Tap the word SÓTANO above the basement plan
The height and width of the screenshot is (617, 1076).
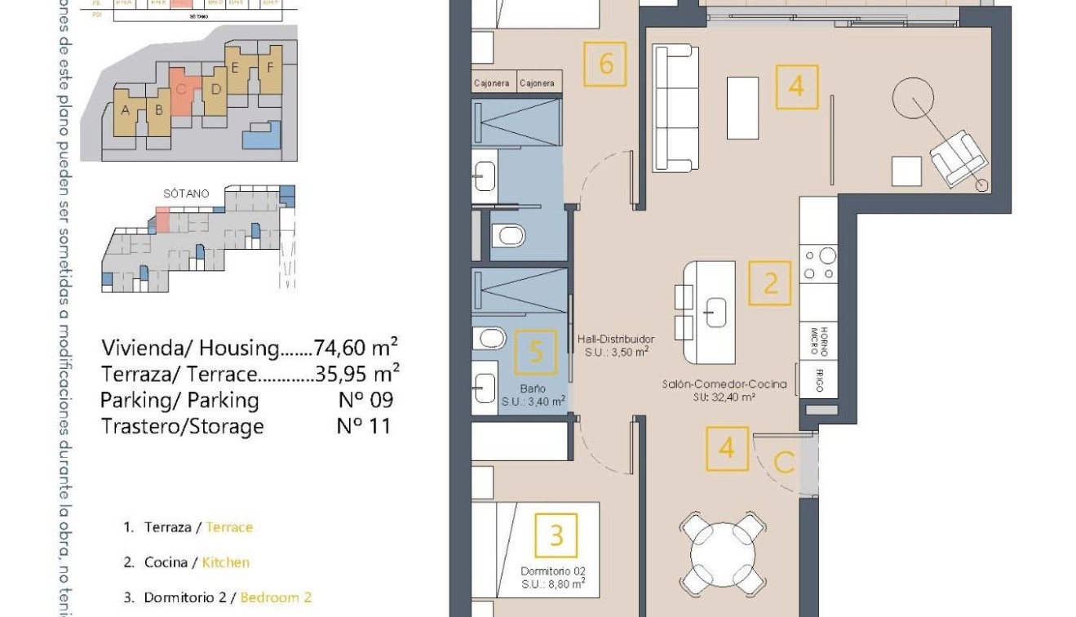click(186, 194)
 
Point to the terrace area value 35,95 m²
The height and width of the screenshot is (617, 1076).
click(357, 375)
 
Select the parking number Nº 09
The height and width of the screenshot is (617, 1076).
click(365, 400)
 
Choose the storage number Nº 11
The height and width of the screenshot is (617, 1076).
click(363, 426)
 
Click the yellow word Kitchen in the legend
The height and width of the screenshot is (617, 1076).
click(226, 562)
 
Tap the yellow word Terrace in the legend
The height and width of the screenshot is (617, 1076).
click(229, 527)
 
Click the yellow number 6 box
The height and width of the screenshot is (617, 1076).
click(605, 64)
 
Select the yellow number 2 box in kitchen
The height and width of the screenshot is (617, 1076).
click(770, 283)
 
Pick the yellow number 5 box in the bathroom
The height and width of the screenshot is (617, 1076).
click(536, 353)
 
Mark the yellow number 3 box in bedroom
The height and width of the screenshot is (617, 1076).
click(556, 535)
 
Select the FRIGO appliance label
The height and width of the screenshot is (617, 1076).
click(818, 381)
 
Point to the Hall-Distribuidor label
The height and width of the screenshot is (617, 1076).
click(615, 339)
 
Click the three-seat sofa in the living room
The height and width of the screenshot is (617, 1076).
click(675, 108)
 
